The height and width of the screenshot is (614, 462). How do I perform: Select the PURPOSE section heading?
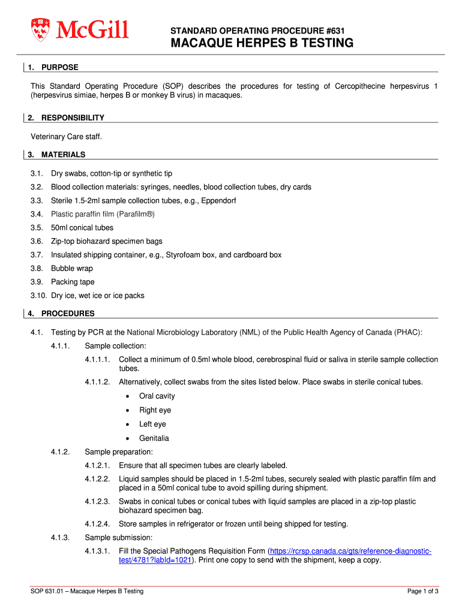[x=59, y=67]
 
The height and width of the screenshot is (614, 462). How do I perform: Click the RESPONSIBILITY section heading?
[x=73, y=118]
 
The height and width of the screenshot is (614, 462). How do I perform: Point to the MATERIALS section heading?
[x=63, y=155]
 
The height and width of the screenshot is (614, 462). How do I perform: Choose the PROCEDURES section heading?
[x=68, y=314]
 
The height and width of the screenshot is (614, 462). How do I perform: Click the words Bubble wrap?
[x=71, y=269]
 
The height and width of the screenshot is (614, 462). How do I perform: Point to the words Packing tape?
[x=73, y=282]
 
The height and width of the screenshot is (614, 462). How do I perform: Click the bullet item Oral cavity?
[x=157, y=396]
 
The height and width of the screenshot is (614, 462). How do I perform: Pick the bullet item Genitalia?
[x=154, y=438]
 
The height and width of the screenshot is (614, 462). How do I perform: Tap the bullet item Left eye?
[x=152, y=424]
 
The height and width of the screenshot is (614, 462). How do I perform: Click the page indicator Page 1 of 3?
[x=423, y=591]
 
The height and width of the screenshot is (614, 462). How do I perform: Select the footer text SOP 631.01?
[x=48, y=591]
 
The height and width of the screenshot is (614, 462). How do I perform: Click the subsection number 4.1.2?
[x=61, y=452]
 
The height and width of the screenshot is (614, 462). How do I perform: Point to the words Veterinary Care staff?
[x=67, y=136]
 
